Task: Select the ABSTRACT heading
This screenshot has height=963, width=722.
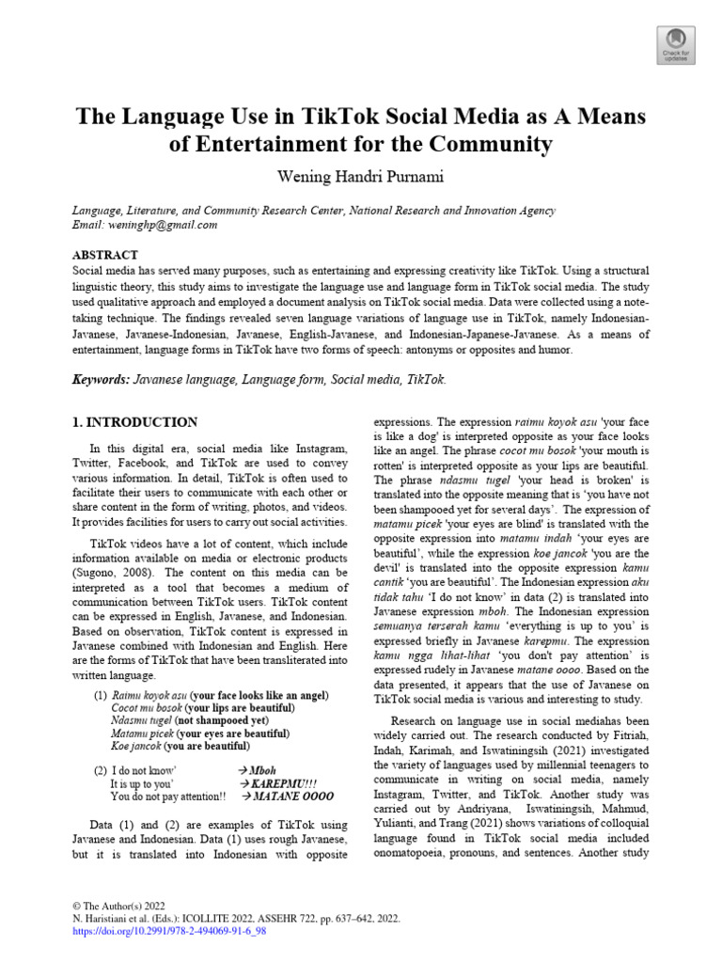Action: [105, 255]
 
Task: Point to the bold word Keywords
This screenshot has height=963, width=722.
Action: [102, 380]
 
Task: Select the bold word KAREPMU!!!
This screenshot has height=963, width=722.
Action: [285, 782]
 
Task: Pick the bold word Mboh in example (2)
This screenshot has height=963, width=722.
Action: [263, 768]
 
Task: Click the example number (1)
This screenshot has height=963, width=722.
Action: [100, 695]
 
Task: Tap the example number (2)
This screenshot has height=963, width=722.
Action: [100, 768]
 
